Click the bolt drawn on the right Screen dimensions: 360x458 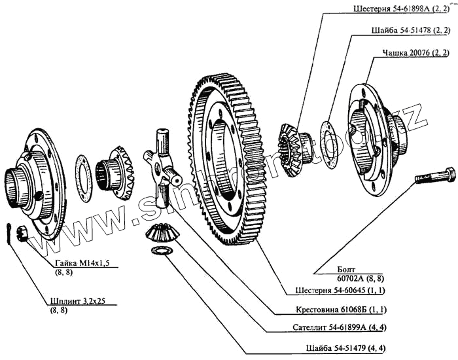(434, 176)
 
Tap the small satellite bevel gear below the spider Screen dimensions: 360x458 (158, 234)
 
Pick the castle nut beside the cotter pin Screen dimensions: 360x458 (20, 232)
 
